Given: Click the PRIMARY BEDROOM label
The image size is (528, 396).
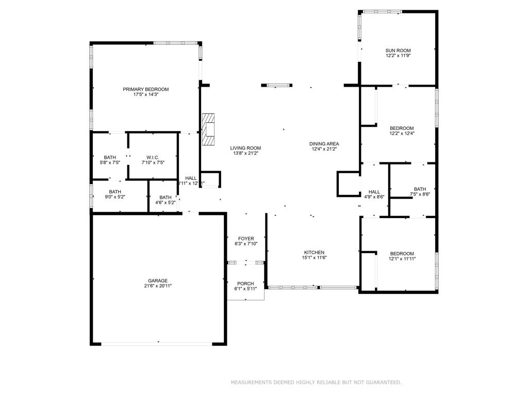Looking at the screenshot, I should (145, 89).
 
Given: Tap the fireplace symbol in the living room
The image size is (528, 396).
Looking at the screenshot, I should (208, 130).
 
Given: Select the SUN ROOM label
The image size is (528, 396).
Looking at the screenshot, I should (398, 51).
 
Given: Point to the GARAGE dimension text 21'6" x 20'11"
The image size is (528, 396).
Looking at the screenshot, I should (158, 286).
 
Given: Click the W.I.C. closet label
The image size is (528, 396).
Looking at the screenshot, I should (153, 157).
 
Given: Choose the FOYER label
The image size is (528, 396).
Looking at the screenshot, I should (246, 239).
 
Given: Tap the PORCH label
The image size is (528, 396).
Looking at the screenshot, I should (245, 284).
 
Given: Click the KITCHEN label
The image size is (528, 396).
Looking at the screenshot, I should (313, 253).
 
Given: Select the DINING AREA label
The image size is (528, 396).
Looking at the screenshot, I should (324, 144).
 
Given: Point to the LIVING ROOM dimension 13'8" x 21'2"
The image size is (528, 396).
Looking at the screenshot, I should (245, 153).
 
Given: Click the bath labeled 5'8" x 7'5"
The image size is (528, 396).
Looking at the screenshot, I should (109, 160).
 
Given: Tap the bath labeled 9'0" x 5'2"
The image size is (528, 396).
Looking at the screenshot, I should (114, 194).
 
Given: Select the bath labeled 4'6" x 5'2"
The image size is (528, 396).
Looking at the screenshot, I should (166, 200).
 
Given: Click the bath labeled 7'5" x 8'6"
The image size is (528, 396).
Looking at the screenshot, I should (420, 191).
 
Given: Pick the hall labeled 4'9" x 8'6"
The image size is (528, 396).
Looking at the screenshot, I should (374, 194).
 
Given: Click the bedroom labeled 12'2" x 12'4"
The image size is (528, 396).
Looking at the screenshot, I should (402, 130).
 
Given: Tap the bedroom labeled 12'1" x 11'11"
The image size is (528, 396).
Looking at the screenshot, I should (402, 256).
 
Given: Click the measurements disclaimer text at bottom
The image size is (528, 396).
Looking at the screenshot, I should (316, 382).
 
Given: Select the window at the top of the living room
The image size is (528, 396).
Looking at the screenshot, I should (277, 85).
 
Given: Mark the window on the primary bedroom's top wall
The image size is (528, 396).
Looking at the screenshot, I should (175, 43).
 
